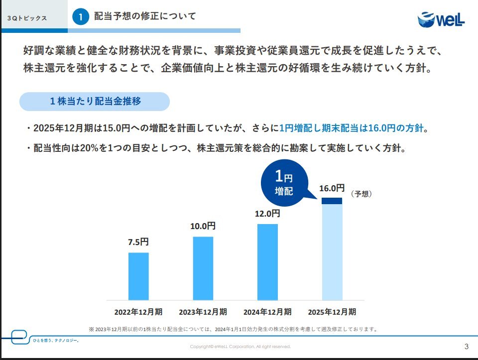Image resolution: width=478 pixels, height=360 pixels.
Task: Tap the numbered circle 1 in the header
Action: click(80, 17)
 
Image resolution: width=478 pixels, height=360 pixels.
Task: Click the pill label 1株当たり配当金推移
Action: click(95, 101)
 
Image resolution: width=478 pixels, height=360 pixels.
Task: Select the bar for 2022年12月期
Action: click(138, 276)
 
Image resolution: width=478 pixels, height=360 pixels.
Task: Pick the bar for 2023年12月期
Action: click(203, 268)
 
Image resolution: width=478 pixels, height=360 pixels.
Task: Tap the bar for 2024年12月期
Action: click(267, 262)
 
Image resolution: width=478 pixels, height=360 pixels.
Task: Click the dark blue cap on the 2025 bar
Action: click(332, 201)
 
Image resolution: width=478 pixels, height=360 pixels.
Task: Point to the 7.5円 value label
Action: click(138, 242)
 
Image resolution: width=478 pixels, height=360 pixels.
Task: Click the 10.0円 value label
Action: click(203, 226)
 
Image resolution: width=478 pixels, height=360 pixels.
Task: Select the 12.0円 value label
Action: click(267, 214)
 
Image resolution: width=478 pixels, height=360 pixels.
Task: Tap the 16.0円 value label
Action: click(332, 188)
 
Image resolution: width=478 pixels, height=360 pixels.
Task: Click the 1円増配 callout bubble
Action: click(284, 183)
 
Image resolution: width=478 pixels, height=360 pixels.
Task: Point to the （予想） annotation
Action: click(361, 194)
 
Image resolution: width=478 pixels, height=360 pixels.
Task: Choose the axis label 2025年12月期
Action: click(332, 312)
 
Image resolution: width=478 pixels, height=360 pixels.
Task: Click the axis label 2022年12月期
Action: click(138, 312)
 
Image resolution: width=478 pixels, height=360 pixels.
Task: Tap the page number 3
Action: click(466, 346)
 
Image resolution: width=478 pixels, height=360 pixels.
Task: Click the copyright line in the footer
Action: click(240, 347)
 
